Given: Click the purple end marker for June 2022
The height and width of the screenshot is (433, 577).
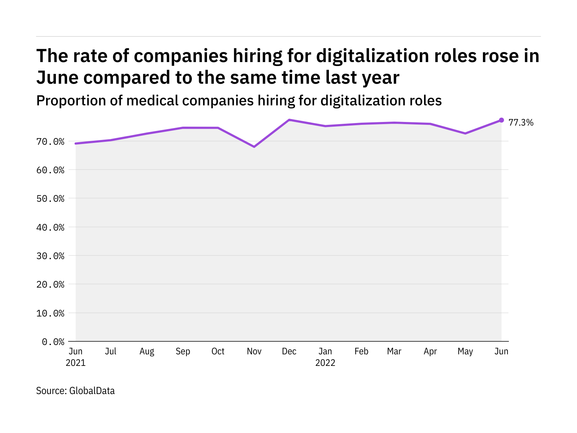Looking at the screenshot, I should (501, 120).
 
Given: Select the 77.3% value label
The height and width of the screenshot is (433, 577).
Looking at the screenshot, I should (521, 123).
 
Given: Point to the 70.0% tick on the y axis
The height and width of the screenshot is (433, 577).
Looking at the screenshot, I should (50, 141).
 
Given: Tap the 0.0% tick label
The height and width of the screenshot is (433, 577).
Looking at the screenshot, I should (53, 342).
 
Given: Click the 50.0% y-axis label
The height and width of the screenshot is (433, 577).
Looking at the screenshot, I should (50, 198).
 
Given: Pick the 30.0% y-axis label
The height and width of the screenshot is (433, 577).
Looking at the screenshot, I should (50, 256).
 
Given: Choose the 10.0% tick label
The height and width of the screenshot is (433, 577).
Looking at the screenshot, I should (50, 313).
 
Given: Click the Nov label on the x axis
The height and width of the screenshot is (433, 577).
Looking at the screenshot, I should (254, 351).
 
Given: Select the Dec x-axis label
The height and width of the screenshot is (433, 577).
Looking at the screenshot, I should (289, 351).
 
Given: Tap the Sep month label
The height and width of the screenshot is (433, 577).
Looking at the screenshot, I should (183, 351).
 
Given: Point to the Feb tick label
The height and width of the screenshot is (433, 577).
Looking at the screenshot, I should (361, 351).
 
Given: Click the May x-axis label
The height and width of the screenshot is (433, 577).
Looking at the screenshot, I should (465, 351).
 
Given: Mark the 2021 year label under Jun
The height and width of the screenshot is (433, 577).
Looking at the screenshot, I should (76, 363).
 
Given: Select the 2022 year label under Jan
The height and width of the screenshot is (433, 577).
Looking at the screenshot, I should (325, 363).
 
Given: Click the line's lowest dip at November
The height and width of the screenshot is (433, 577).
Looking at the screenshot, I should (254, 147).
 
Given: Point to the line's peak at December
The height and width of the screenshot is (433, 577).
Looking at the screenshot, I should (289, 120).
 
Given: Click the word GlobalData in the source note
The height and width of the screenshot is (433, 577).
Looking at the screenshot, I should (92, 391).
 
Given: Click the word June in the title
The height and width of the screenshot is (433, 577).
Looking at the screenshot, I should (57, 78).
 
